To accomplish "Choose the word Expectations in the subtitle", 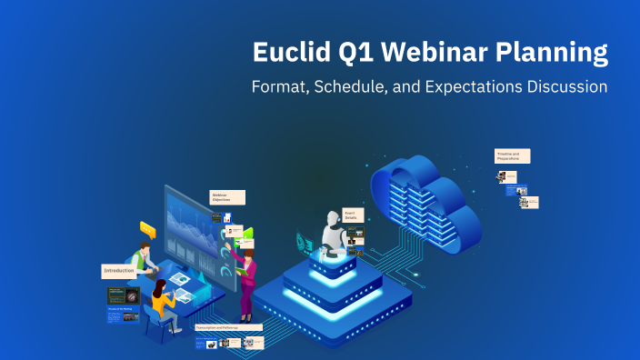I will click(472, 88).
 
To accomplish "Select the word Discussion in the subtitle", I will click(567, 88).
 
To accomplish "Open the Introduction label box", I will click(119, 271).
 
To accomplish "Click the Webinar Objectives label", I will click(227, 197).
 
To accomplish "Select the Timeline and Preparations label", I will click(512, 155).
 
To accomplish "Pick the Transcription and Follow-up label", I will click(228, 326).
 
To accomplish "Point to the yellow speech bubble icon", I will click(148, 230).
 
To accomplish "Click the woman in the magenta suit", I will click(246, 282).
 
